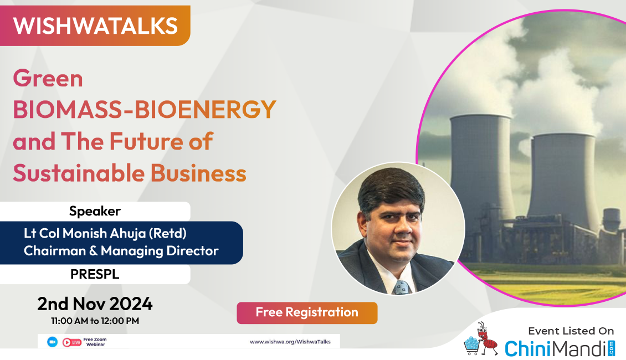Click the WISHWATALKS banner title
coord(95,26)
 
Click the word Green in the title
coord(48,78)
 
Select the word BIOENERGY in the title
coord(205,109)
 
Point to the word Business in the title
coord(198,173)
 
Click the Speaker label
coord(95,210)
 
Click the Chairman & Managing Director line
coord(121,251)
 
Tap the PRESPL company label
coord(95,274)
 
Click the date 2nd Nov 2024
coord(95,304)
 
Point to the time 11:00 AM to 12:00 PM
coord(95,321)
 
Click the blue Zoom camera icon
coord(52,342)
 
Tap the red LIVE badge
coord(72,342)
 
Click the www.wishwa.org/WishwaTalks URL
coord(290,342)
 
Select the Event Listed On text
coord(571,331)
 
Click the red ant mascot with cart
coord(481,340)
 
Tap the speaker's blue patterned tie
coord(401,287)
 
